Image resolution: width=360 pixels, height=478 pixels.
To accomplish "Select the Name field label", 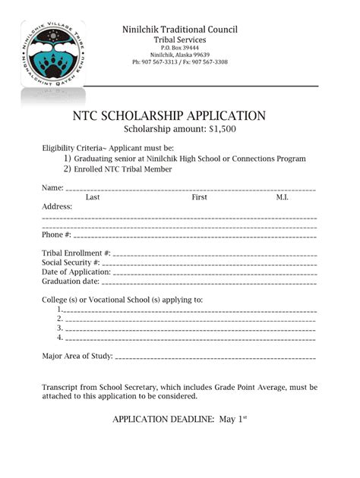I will (52, 187).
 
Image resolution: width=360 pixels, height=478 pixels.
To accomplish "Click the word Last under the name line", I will (93, 197).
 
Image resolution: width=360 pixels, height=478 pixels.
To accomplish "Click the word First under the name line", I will (200, 197).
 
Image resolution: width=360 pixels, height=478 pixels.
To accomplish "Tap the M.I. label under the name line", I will (282, 197).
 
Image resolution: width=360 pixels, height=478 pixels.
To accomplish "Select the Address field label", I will (57, 206).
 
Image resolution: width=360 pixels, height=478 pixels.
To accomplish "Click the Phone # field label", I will (57, 234).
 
